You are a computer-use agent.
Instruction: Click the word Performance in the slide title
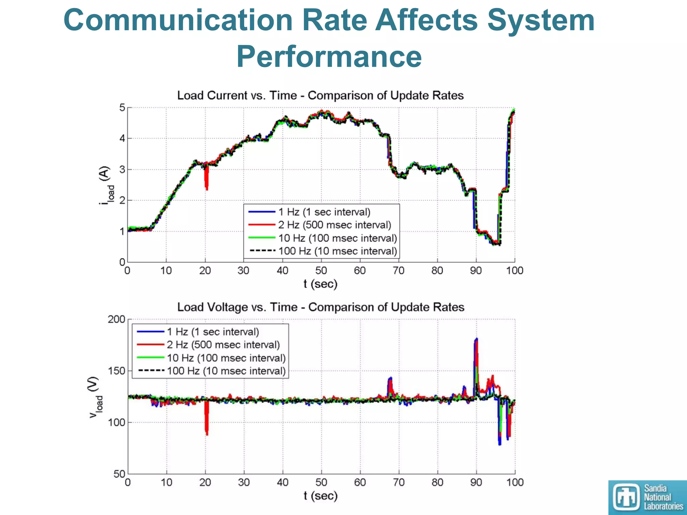coord(329,56)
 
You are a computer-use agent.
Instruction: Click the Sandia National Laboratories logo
coord(647,497)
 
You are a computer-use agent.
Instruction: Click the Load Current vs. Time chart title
coord(320,96)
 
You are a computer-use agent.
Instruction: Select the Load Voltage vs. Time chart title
coord(321,307)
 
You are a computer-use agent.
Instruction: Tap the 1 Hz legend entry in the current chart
coord(324,212)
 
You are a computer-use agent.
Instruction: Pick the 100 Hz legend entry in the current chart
coord(337,251)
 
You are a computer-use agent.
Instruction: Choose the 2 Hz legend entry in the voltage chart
coord(223,345)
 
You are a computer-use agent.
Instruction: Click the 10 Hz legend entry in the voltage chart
coord(226,358)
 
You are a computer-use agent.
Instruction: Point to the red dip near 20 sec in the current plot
coord(207,179)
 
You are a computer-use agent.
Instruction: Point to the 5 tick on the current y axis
coord(122,108)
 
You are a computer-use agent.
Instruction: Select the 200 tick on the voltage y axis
coord(116,319)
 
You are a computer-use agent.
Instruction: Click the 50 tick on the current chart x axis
coord(321,271)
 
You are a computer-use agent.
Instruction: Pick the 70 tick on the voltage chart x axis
coord(399,482)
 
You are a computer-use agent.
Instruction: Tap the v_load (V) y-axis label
coord(95,397)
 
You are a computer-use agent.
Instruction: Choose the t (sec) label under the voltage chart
coord(320,496)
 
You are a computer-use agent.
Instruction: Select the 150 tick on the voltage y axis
coord(116,371)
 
